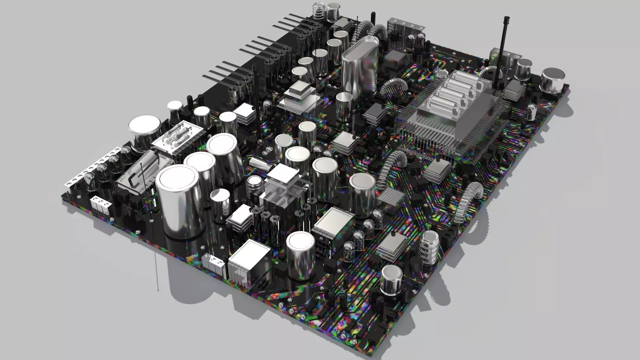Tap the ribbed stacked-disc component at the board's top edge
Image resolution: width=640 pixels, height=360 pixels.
[319, 12]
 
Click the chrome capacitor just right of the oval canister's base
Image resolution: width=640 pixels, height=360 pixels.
[344, 107]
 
